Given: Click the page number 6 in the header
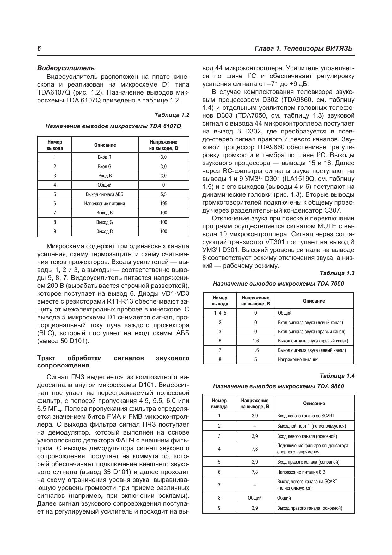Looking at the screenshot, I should pos(39,48).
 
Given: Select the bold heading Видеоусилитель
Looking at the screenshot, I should pos(66,68).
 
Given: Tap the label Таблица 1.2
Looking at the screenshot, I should pos(172,115).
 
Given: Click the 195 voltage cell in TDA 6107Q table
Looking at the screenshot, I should pos(163,204).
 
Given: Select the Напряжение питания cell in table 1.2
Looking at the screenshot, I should pos(104,204).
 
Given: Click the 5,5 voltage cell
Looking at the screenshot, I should pos(163,194).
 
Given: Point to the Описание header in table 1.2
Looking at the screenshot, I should pos(105,145).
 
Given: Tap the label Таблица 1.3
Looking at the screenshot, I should pos(337,273).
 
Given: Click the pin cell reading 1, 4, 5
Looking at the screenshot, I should pos(220,313).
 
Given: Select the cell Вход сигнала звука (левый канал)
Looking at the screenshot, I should pos(310,323).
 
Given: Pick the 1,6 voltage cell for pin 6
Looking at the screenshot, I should pos(256,341).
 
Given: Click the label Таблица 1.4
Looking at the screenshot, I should pos(337,376).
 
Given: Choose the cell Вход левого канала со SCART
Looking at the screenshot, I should pos(305,416).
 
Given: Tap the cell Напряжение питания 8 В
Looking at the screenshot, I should pos(301,472).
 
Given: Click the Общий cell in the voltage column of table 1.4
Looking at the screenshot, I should pos(255,498).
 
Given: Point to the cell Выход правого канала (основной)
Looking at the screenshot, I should pos(309,508).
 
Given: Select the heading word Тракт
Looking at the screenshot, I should pos(46,358).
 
